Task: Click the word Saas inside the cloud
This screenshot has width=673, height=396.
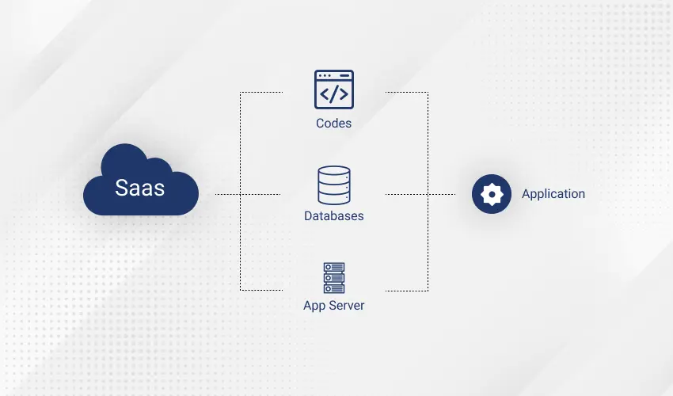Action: [x=140, y=188]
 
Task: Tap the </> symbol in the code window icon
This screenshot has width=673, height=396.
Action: [x=333, y=94]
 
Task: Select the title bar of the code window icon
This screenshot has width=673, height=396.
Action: [x=333, y=75]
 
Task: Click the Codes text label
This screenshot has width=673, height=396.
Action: [x=333, y=124]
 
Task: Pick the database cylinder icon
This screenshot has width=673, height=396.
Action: [x=333, y=185]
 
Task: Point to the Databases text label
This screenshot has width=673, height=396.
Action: [x=333, y=215]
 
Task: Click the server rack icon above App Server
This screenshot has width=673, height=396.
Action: [x=333, y=278]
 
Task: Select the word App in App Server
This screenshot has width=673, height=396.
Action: [x=314, y=306]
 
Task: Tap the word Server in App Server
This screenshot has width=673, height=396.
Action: [x=347, y=306]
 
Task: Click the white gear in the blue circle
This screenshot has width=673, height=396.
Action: [x=492, y=194]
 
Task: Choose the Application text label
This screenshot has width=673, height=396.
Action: [x=553, y=194]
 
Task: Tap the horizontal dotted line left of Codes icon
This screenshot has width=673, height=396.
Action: [x=261, y=93]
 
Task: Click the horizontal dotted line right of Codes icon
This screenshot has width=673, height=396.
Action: [x=406, y=93]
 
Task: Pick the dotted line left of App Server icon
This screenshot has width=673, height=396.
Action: [x=261, y=290]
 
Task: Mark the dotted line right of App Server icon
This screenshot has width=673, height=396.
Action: [x=406, y=290]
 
